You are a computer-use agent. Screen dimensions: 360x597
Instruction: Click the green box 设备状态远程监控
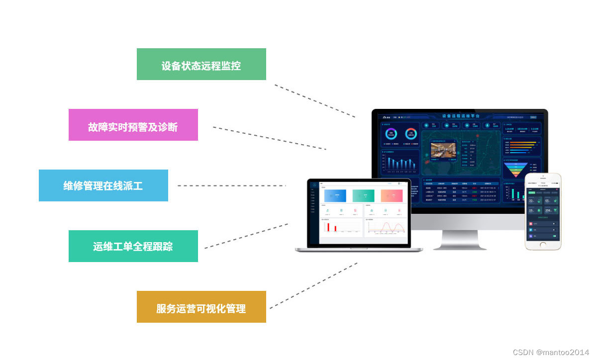pos(201,64)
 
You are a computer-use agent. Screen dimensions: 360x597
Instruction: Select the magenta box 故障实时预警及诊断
pos(133,125)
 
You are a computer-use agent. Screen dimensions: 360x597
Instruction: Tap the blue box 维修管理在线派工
pos(103,185)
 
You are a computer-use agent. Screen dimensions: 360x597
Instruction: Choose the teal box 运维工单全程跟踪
pos(133,246)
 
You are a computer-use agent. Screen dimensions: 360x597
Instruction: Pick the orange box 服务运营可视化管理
pos(201,307)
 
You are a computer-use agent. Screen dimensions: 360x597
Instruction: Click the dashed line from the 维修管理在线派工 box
pos(231,185)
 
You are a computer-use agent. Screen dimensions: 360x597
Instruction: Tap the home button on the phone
pos(543,245)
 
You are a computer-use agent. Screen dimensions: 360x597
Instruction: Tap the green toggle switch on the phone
pos(554,236)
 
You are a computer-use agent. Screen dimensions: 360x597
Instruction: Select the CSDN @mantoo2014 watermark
pos(551,352)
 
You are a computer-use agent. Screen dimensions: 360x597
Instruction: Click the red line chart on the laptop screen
pos(388,227)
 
